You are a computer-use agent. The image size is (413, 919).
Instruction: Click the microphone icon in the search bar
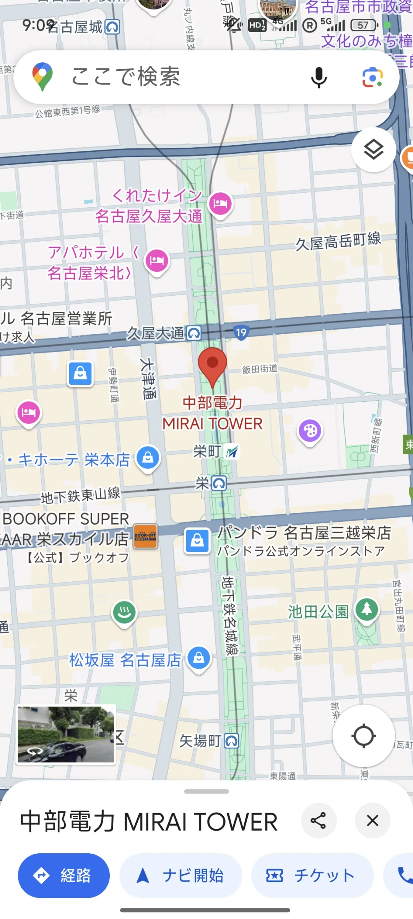tap(319, 77)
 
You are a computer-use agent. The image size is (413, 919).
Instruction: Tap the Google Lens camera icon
tap(372, 77)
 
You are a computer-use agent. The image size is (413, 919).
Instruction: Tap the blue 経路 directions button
tap(64, 875)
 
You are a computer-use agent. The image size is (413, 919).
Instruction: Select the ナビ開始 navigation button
tap(180, 875)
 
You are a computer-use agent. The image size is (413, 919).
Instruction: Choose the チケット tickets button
tap(312, 875)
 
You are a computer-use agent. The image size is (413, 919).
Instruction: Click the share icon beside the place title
tap(319, 820)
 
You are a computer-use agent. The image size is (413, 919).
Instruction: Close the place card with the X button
tap(372, 820)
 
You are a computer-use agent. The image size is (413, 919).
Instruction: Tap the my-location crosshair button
tap(363, 735)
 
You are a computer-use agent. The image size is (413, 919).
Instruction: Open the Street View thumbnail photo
tap(66, 734)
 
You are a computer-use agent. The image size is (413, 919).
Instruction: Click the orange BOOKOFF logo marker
tap(146, 536)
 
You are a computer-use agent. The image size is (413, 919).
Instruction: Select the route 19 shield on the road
tap(241, 333)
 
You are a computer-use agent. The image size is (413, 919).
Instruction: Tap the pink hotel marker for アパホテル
tap(157, 260)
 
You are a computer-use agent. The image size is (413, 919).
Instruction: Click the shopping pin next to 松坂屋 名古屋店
tap(199, 658)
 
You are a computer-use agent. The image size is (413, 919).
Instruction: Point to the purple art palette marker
tap(310, 431)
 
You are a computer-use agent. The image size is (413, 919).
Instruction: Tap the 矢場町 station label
tap(208, 741)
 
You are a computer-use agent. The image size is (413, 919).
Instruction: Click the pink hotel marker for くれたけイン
tap(220, 203)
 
